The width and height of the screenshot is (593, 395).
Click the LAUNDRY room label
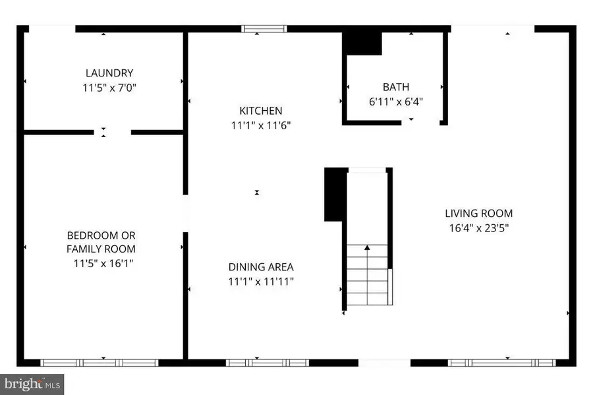coord(109,73)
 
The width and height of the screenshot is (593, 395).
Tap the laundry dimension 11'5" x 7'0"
coord(109,86)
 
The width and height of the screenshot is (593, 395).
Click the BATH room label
coord(396,87)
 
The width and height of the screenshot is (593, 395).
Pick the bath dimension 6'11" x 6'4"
coord(396,102)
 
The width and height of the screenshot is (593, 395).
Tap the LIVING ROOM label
coord(478,213)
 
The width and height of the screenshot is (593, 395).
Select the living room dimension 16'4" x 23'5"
coord(478,228)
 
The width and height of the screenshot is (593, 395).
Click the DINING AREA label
coord(261,267)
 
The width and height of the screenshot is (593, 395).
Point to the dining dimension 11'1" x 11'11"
coord(261,282)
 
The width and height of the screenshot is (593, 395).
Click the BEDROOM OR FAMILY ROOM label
coord(101,242)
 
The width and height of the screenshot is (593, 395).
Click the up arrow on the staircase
coord(367,249)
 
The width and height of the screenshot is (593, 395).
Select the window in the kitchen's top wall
coord(264,28)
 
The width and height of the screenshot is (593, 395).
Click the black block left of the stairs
coord(335,195)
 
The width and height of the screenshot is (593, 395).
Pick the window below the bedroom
coord(100,362)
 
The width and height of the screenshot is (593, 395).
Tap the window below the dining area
coord(267,362)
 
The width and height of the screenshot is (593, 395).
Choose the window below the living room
coord(502,362)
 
